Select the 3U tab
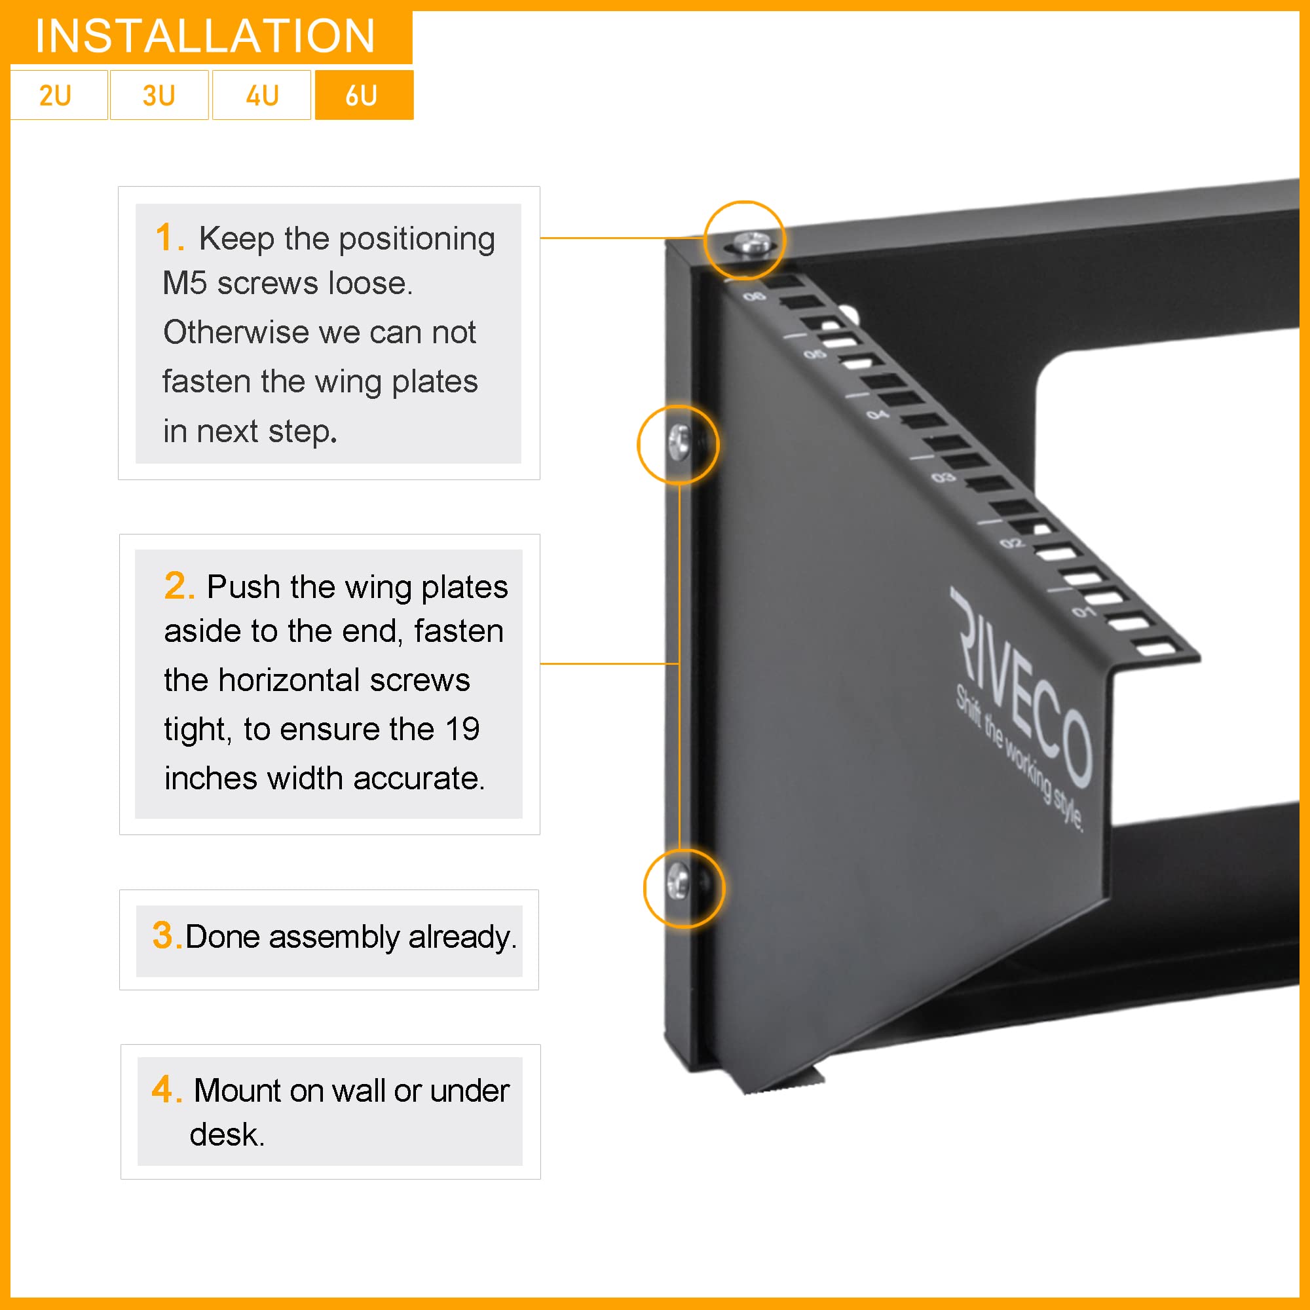point(159,96)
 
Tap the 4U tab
point(262,96)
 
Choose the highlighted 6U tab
point(364,96)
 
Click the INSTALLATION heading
point(206,36)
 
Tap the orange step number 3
point(165,936)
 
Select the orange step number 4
point(164,1090)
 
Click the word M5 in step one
point(185,284)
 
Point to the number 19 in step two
point(462,730)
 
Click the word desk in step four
point(225,1135)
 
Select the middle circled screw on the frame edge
point(679,442)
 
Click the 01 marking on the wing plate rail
point(1083,612)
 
